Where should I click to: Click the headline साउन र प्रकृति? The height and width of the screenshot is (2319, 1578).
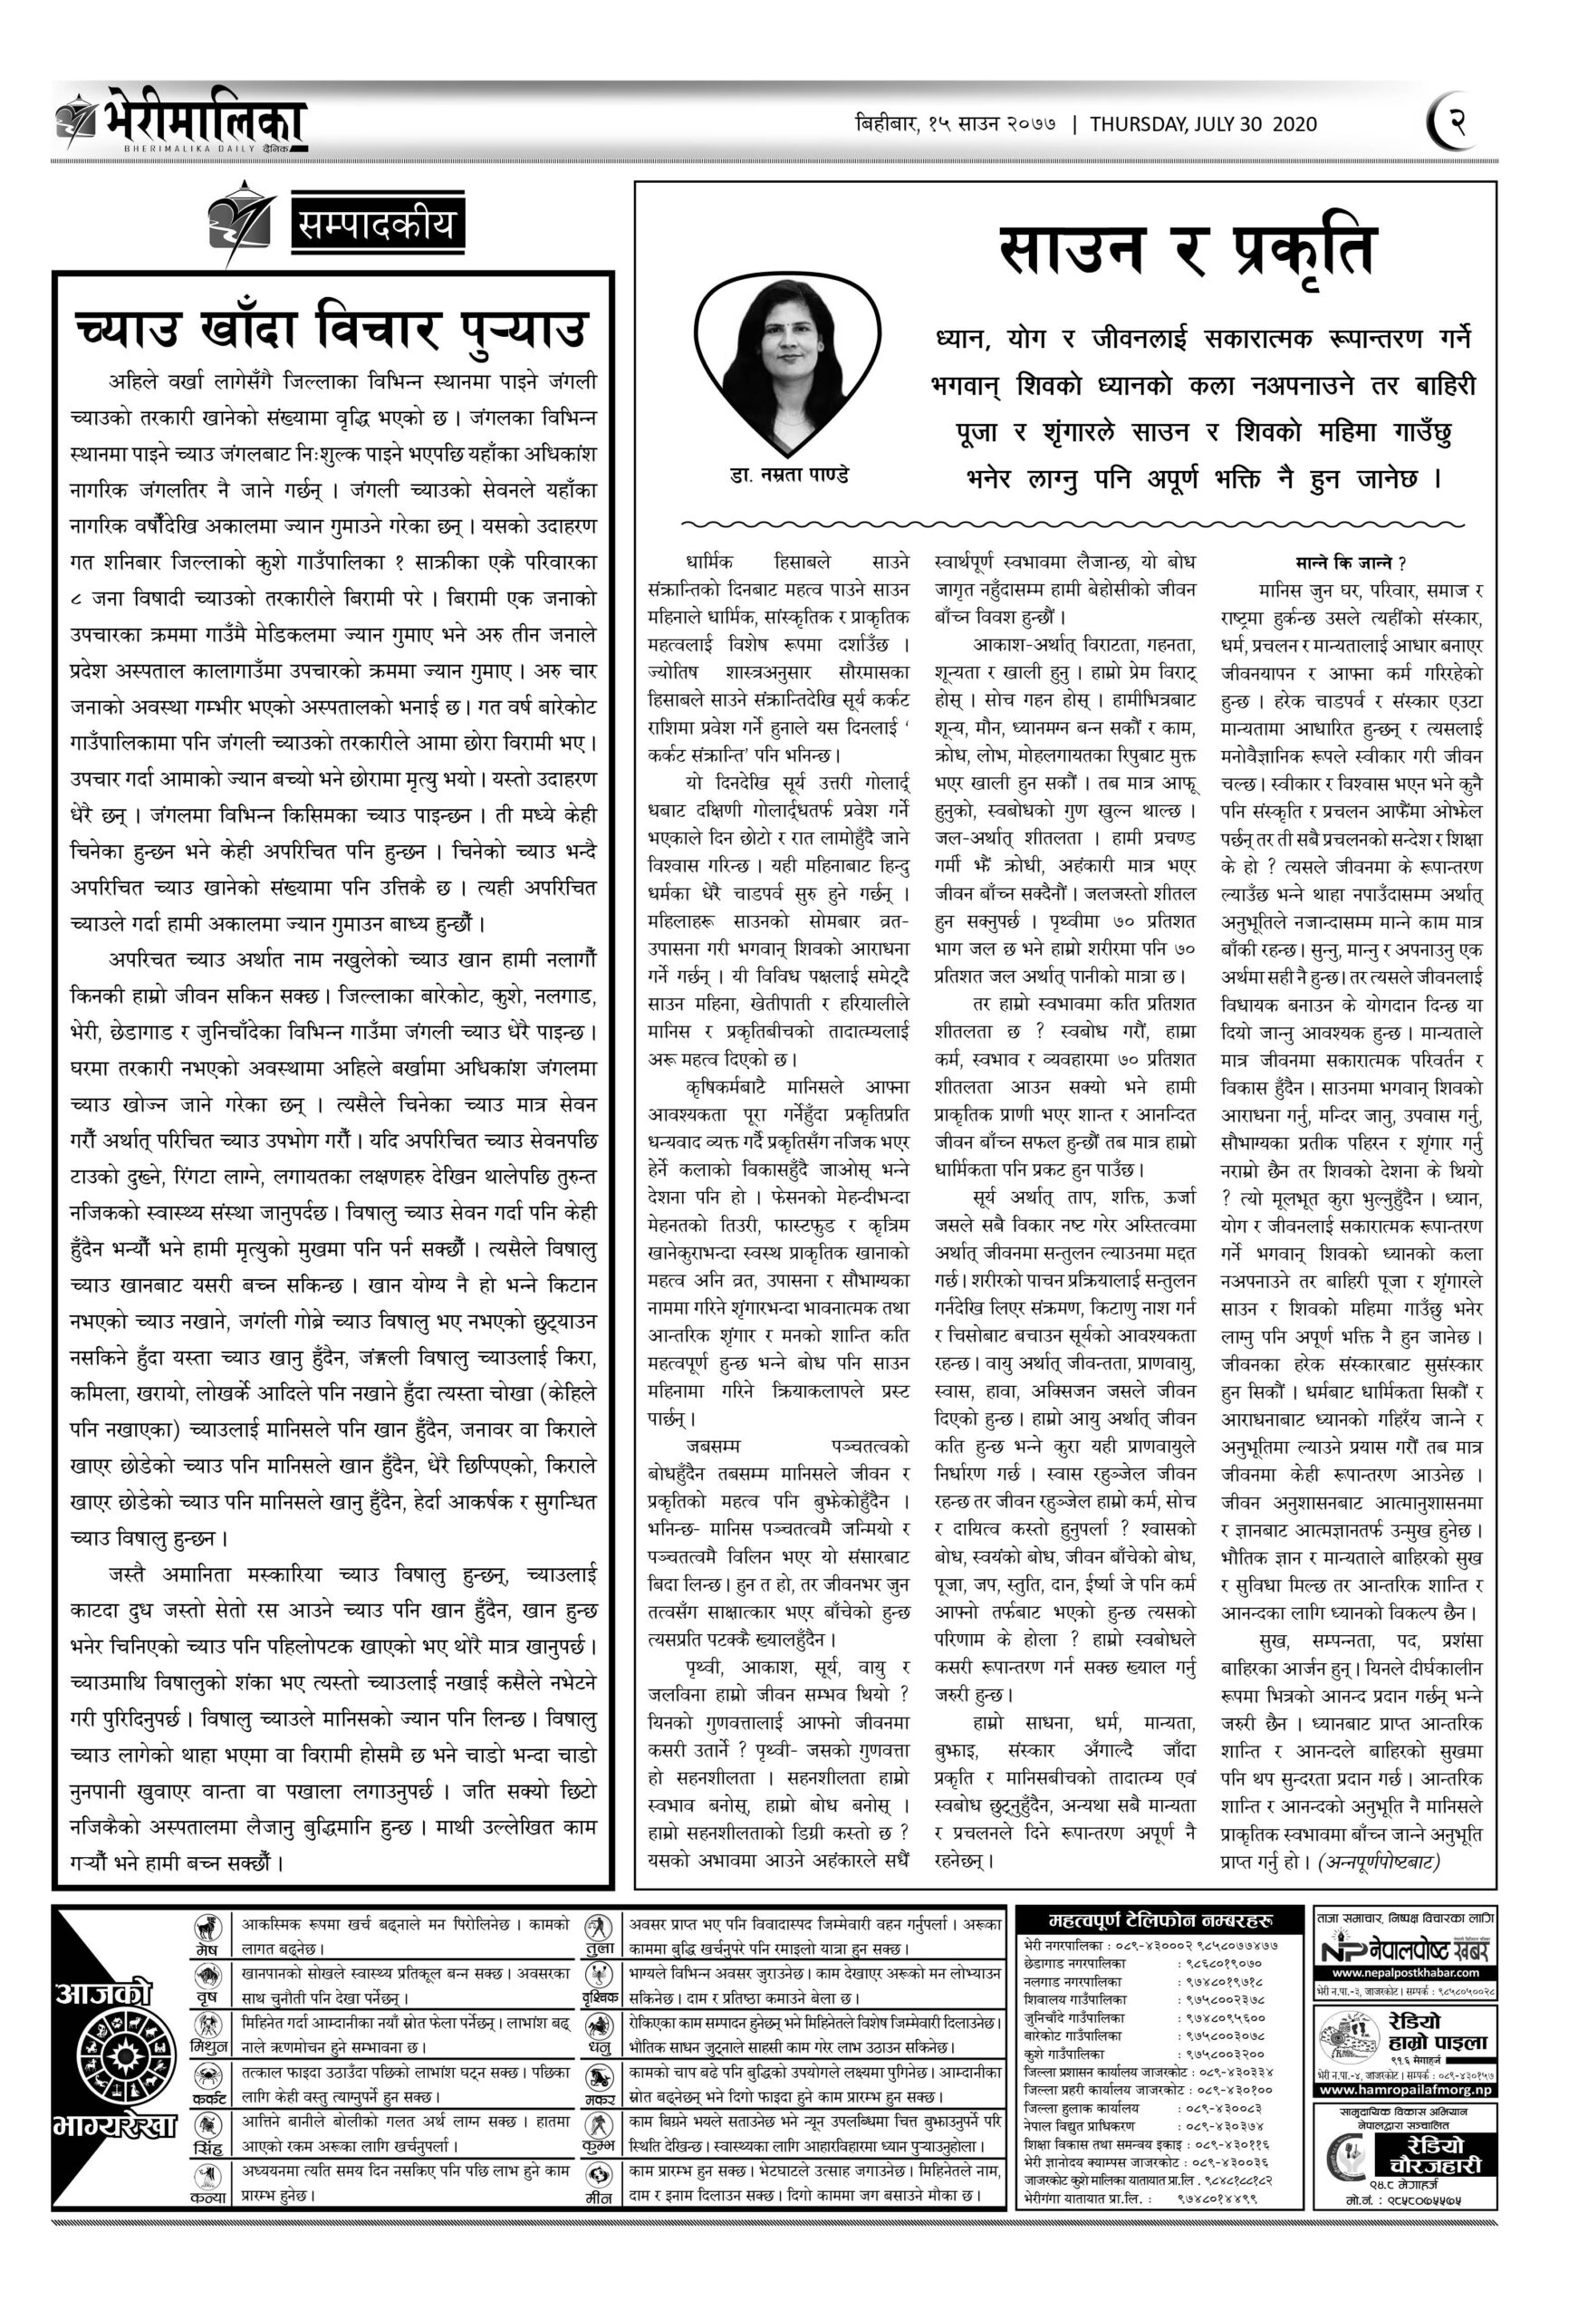tap(1187, 253)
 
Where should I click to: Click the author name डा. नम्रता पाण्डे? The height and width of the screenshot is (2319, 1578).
tap(787, 476)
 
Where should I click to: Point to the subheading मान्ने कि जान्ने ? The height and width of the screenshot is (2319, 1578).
tap(1352, 562)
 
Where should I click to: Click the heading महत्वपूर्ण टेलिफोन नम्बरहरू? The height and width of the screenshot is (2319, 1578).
tap(1158, 1920)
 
